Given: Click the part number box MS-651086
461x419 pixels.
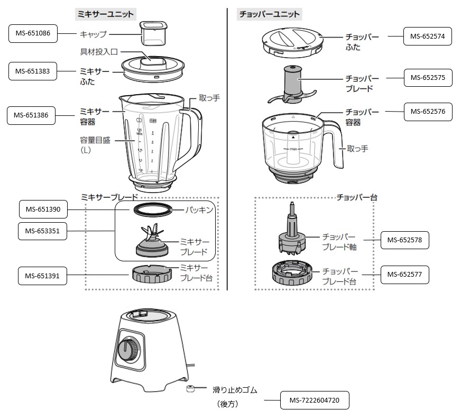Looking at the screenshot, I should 33,34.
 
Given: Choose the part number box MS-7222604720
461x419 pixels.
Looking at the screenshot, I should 315,402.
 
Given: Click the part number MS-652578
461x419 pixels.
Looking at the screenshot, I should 405,240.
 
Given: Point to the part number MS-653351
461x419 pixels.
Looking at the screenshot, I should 42,231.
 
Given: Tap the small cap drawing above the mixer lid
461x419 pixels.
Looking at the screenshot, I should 152,33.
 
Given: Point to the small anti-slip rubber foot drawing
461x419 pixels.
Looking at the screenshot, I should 190,390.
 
